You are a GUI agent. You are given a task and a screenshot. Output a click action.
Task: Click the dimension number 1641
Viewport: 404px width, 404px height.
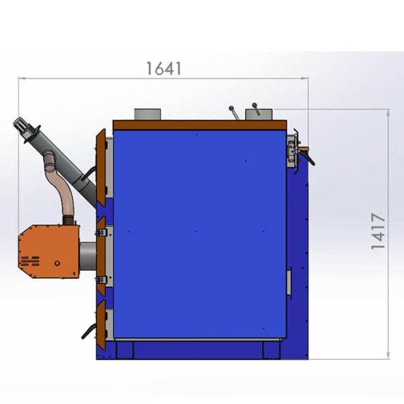(164, 69)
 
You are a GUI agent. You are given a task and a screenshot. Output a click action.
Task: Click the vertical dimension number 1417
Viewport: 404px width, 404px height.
(378, 231)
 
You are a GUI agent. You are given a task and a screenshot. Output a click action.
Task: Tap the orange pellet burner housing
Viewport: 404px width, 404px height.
(49, 251)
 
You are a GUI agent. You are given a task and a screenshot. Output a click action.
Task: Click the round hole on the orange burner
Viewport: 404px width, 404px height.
(57, 263)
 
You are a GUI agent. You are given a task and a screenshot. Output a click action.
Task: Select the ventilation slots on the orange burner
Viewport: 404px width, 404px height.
(30, 261)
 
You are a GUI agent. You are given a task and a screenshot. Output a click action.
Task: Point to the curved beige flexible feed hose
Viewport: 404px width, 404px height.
(61, 186)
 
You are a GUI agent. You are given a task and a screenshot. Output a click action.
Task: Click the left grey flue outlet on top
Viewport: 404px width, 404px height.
(147, 114)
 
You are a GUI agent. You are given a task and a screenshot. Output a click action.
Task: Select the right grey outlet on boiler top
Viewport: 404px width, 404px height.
(259, 114)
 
